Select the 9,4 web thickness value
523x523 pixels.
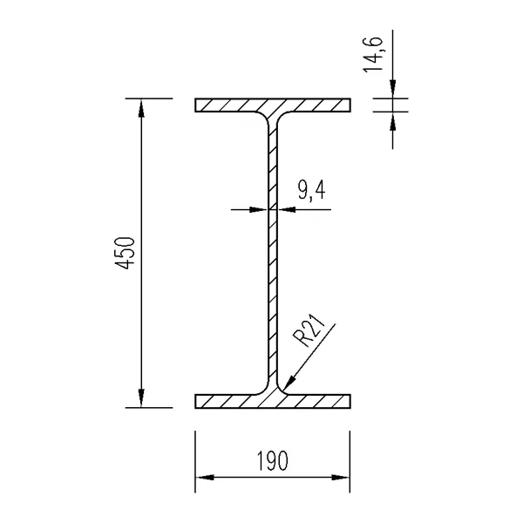click(x=310, y=191)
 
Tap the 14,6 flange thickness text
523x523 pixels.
click(x=378, y=57)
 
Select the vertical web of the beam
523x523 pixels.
click(x=273, y=253)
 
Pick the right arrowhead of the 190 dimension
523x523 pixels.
click(x=343, y=478)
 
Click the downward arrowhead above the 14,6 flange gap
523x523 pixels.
click(x=393, y=91)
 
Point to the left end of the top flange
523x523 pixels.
click(x=197, y=105)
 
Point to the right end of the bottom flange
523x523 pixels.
click(x=349, y=401)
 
